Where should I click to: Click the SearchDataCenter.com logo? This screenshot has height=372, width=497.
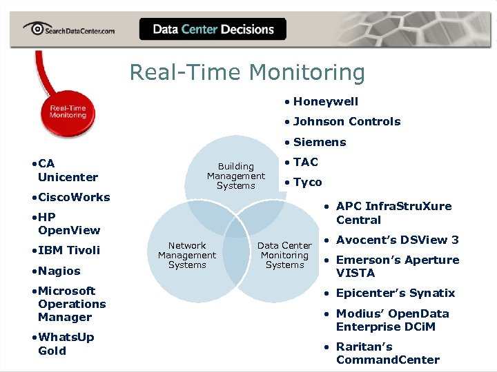click(x=68, y=29)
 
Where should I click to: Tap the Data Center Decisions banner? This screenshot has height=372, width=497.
click(x=213, y=29)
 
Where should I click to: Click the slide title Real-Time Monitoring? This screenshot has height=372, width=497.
click(x=247, y=72)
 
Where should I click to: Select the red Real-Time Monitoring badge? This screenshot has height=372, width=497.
click(x=68, y=112)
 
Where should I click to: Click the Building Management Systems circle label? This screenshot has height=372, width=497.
click(x=236, y=176)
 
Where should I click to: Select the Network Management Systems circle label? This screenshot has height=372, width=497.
click(x=187, y=255)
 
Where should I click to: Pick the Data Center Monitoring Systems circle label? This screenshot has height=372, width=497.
click(x=284, y=255)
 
